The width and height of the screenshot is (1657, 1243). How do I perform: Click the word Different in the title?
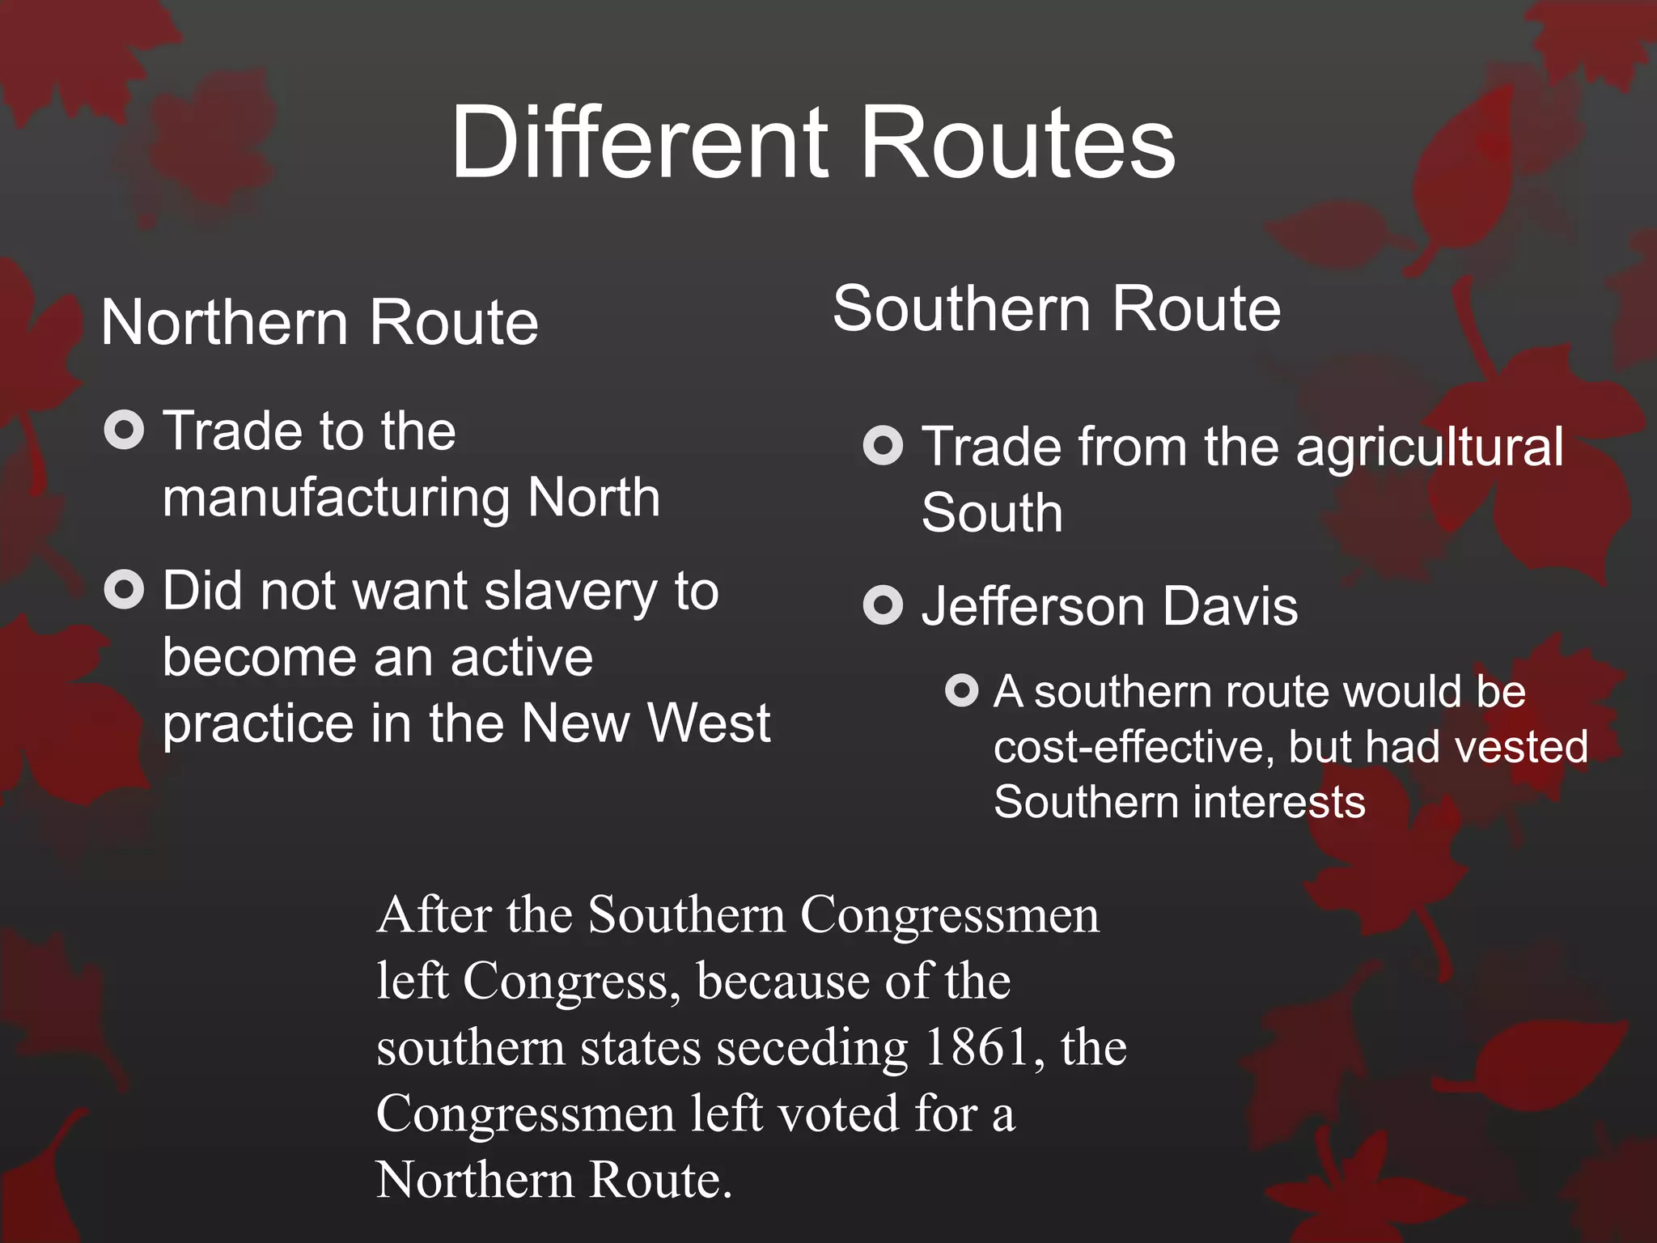[x=640, y=143]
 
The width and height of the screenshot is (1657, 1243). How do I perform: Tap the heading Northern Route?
[x=320, y=323]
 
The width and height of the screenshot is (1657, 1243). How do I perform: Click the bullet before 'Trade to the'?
[x=124, y=430]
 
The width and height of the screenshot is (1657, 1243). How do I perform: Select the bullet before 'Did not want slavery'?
[x=124, y=589]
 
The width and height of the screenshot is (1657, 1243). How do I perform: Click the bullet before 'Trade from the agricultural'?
[x=883, y=446]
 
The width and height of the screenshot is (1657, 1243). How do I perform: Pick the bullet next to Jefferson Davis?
[x=883, y=605]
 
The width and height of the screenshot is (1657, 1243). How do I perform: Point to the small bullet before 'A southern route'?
[x=961, y=690]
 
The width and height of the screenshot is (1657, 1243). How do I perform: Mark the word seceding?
[x=812, y=1047]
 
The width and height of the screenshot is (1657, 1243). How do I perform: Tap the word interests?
[x=1279, y=802]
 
